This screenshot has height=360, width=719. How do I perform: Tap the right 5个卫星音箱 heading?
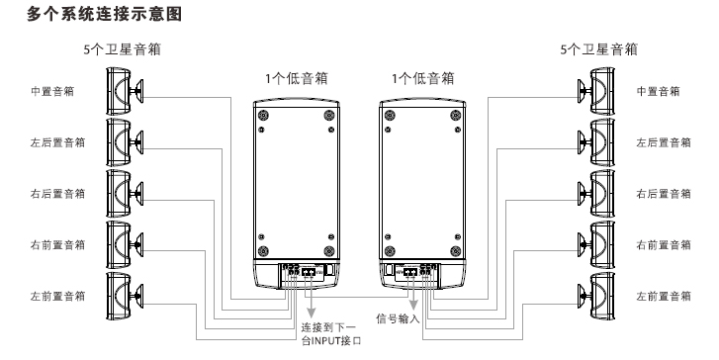click(598, 48)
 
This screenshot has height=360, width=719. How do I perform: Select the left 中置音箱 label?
click(51, 91)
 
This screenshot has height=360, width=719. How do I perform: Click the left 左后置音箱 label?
click(56, 141)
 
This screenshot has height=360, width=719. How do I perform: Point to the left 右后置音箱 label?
click(56, 193)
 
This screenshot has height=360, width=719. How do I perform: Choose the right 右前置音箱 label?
click(663, 244)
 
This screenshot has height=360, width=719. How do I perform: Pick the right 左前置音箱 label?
click(663, 296)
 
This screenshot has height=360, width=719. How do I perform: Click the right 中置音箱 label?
click(658, 91)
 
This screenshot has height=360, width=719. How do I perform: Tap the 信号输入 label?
click(400, 319)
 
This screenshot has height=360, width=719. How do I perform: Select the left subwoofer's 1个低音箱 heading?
click(297, 77)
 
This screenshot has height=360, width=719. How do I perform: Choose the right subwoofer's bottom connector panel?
click(415, 273)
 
